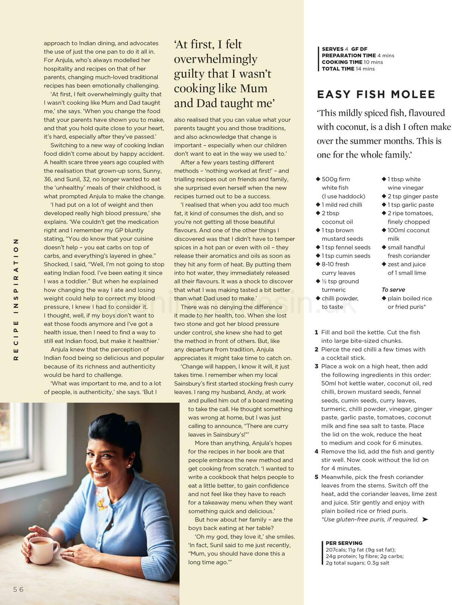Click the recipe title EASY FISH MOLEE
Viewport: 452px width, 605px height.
click(x=376, y=94)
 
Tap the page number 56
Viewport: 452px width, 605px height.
click(x=18, y=590)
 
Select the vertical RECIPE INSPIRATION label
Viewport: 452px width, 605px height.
click(x=16, y=299)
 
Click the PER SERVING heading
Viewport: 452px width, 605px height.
click(x=344, y=543)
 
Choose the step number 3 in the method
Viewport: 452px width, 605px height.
click(x=316, y=366)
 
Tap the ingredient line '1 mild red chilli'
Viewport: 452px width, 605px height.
click(x=342, y=205)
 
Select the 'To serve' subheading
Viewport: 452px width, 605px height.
click(x=393, y=290)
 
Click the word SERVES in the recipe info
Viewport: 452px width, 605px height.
click(x=333, y=49)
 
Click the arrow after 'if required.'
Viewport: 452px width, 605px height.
click(x=425, y=520)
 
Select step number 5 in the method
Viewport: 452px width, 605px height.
click(x=316, y=477)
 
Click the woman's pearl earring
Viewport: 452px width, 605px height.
click(x=129, y=465)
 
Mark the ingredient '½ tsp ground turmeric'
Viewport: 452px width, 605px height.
click(x=340, y=285)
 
